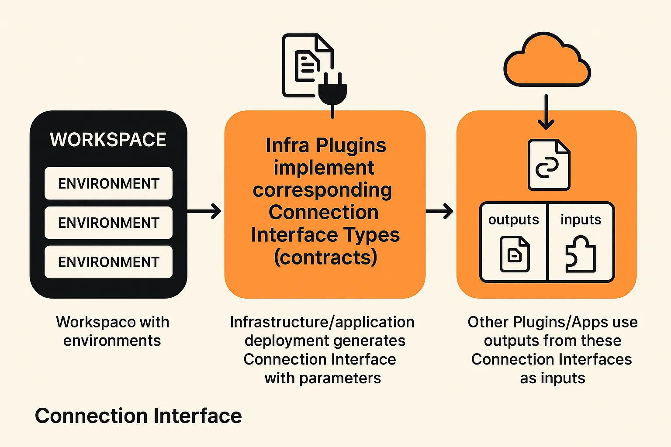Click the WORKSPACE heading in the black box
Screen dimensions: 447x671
[x=108, y=140]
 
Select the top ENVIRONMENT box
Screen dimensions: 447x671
[x=108, y=183]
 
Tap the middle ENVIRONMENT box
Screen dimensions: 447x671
[x=108, y=223]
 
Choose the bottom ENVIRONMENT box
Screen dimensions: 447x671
[x=108, y=262]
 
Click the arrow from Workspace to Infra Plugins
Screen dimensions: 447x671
[x=204, y=211]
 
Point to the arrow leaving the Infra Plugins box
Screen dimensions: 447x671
[x=439, y=211]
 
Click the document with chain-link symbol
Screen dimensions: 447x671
[x=549, y=165]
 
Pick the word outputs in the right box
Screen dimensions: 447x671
[x=513, y=220]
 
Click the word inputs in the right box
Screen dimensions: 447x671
[x=581, y=220]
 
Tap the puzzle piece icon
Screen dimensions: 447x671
[x=580, y=254]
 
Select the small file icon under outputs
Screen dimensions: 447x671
[x=515, y=254]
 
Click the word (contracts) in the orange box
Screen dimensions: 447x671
[x=325, y=258]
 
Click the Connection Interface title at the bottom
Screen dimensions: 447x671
[x=138, y=416]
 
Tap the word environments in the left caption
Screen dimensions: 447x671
[x=112, y=340]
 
